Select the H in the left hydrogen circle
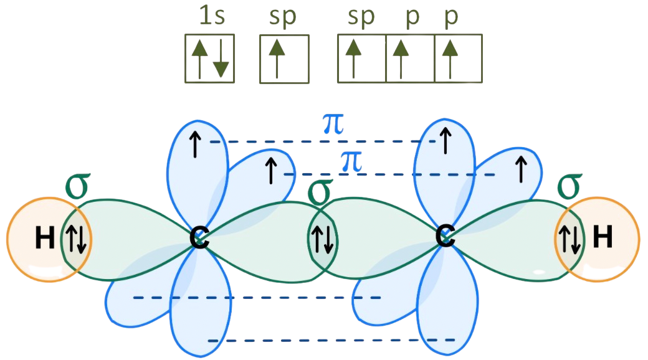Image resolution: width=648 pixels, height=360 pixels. [x=44, y=239]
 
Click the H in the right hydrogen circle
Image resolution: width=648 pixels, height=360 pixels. [x=602, y=238]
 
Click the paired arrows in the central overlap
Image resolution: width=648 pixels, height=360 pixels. [x=322, y=239]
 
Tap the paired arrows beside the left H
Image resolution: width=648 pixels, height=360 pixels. [x=76, y=239]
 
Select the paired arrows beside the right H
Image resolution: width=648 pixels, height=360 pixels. [x=570, y=239]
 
